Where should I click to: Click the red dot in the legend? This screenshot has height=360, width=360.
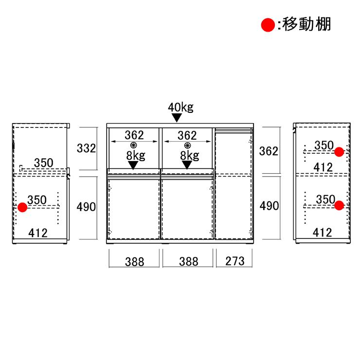pyautogui.click(x=268, y=25)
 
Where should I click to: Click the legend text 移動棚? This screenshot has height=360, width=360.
pyautogui.click(x=306, y=24)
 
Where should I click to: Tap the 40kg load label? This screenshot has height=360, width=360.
pyautogui.click(x=180, y=107)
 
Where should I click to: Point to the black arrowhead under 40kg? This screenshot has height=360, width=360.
pyautogui.click(x=177, y=118)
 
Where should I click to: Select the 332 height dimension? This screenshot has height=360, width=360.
pyautogui.click(x=86, y=148)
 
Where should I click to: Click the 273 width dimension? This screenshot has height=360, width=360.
pyautogui.click(x=234, y=261)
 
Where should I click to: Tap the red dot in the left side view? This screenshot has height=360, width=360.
pyautogui.click(x=22, y=207)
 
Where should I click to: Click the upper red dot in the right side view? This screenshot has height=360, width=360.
pyautogui.click(x=339, y=152)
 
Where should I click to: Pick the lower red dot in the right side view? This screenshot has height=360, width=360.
pyautogui.click(x=339, y=205)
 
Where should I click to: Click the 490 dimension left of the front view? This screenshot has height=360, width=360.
pyautogui.click(x=86, y=207)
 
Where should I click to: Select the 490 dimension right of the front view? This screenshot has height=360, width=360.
pyautogui.click(x=269, y=206)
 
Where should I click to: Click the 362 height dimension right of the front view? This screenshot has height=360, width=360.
pyautogui.click(x=269, y=151)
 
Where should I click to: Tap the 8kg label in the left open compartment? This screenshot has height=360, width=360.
pyautogui.click(x=136, y=156)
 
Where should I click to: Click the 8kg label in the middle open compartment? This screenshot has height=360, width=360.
pyautogui.click(x=190, y=156)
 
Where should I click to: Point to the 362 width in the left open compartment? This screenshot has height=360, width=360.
pyautogui.click(x=134, y=135)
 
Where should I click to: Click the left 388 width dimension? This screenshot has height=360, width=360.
pyautogui.click(x=135, y=262)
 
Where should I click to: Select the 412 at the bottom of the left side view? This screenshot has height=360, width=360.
pyautogui.click(x=38, y=233)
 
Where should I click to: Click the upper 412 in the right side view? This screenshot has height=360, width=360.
pyautogui.click(x=323, y=167)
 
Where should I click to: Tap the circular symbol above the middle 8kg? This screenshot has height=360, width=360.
pyautogui.click(x=188, y=145)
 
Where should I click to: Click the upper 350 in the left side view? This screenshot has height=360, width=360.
pyautogui.click(x=44, y=163)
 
